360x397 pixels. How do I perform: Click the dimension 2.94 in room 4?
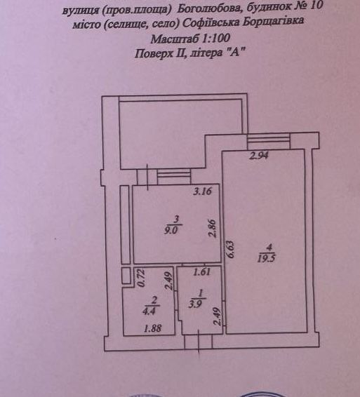pos(258,156)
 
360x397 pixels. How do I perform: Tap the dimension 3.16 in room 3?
pos(202,191)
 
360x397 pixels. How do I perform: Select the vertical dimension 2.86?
pos(213,228)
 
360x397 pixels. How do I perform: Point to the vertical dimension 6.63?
pos(230,249)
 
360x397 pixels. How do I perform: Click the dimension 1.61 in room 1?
pos(201,272)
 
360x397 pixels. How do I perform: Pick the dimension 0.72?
pos(141,278)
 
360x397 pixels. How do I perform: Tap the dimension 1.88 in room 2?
pos(152,328)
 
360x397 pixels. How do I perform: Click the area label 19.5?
pos(266,258)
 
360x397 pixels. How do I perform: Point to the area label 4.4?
pos(149,311)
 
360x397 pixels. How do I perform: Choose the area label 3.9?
pos(196,303)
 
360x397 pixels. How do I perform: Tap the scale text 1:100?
pos(216,39)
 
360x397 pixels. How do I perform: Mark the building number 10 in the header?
pos(316,6)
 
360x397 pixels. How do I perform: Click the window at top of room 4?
pos(269,141)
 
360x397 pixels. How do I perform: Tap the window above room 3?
pos(174,176)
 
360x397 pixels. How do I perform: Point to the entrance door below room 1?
pos(198,341)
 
